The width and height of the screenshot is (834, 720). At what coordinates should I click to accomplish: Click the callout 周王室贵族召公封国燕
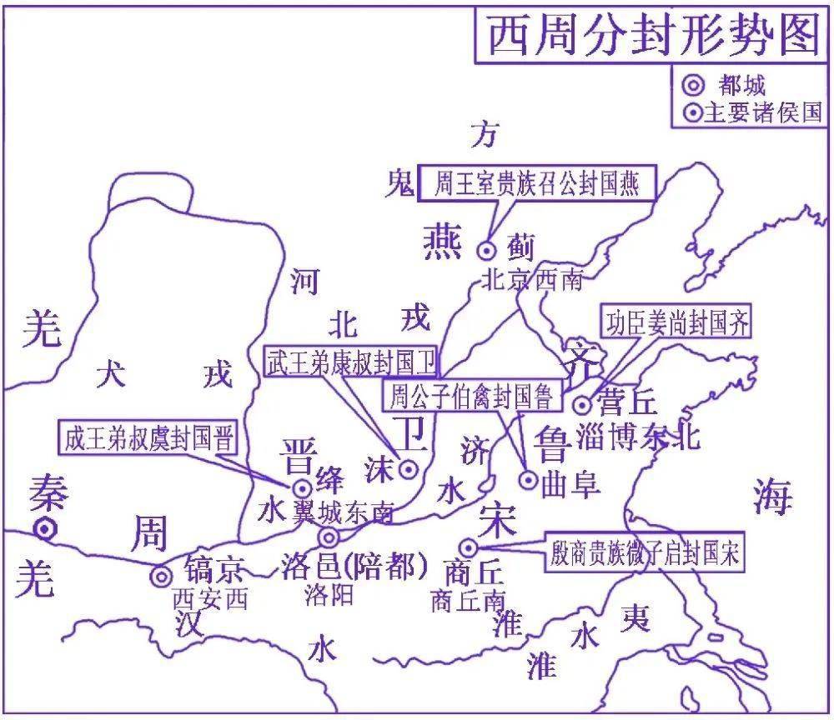point(536,184)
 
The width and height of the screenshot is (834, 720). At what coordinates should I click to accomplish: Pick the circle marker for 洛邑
point(329,537)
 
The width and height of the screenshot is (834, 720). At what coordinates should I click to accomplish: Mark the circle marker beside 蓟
point(486,249)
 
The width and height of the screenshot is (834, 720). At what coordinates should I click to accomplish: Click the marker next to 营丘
point(583,405)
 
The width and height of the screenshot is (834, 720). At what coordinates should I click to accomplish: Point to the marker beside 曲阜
point(528,479)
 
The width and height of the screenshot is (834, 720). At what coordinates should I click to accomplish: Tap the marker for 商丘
point(469,547)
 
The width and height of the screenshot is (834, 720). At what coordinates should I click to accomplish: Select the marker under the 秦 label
point(45,527)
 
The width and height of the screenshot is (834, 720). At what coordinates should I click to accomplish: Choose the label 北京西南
point(531,280)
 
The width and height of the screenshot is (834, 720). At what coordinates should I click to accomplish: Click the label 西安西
point(209,598)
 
